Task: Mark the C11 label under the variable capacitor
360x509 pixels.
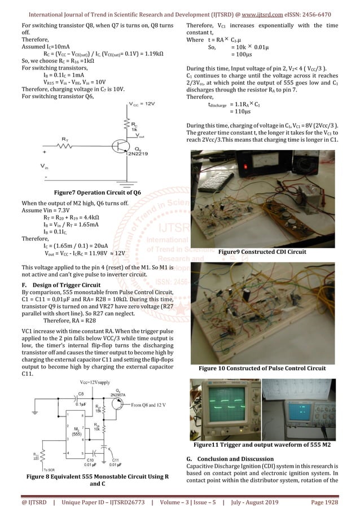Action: click(x=115, y=466)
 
